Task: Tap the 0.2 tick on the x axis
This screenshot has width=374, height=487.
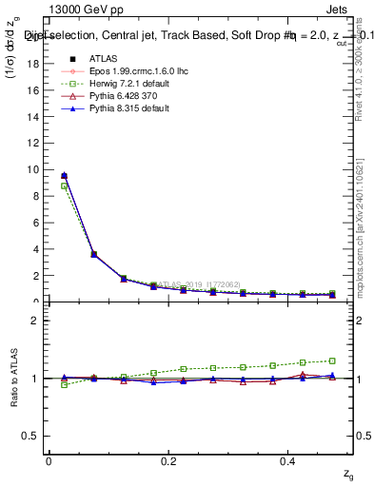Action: [x=168, y=460]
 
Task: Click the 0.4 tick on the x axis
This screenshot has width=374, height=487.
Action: [x=288, y=460]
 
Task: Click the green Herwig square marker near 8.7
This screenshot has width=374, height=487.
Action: [x=64, y=185]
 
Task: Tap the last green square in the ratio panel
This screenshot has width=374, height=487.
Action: [x=332, y=360]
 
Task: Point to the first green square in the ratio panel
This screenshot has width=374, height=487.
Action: [x=64, y=384]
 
